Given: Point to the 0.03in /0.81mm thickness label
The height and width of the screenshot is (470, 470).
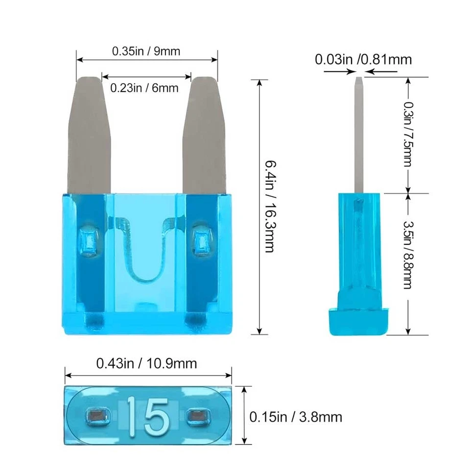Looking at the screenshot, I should tap(363, 60).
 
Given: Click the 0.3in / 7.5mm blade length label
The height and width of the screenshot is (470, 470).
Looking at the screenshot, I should tap(407, 134).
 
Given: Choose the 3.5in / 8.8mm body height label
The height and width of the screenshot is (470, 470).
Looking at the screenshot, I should tap(407, 254).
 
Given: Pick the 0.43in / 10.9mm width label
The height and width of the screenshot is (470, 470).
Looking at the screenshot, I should tap(146, 364).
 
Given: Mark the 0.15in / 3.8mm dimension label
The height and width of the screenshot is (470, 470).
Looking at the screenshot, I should tap(295, 417).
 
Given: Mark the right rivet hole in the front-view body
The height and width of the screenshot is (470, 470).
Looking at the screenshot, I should tap(202, 240).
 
